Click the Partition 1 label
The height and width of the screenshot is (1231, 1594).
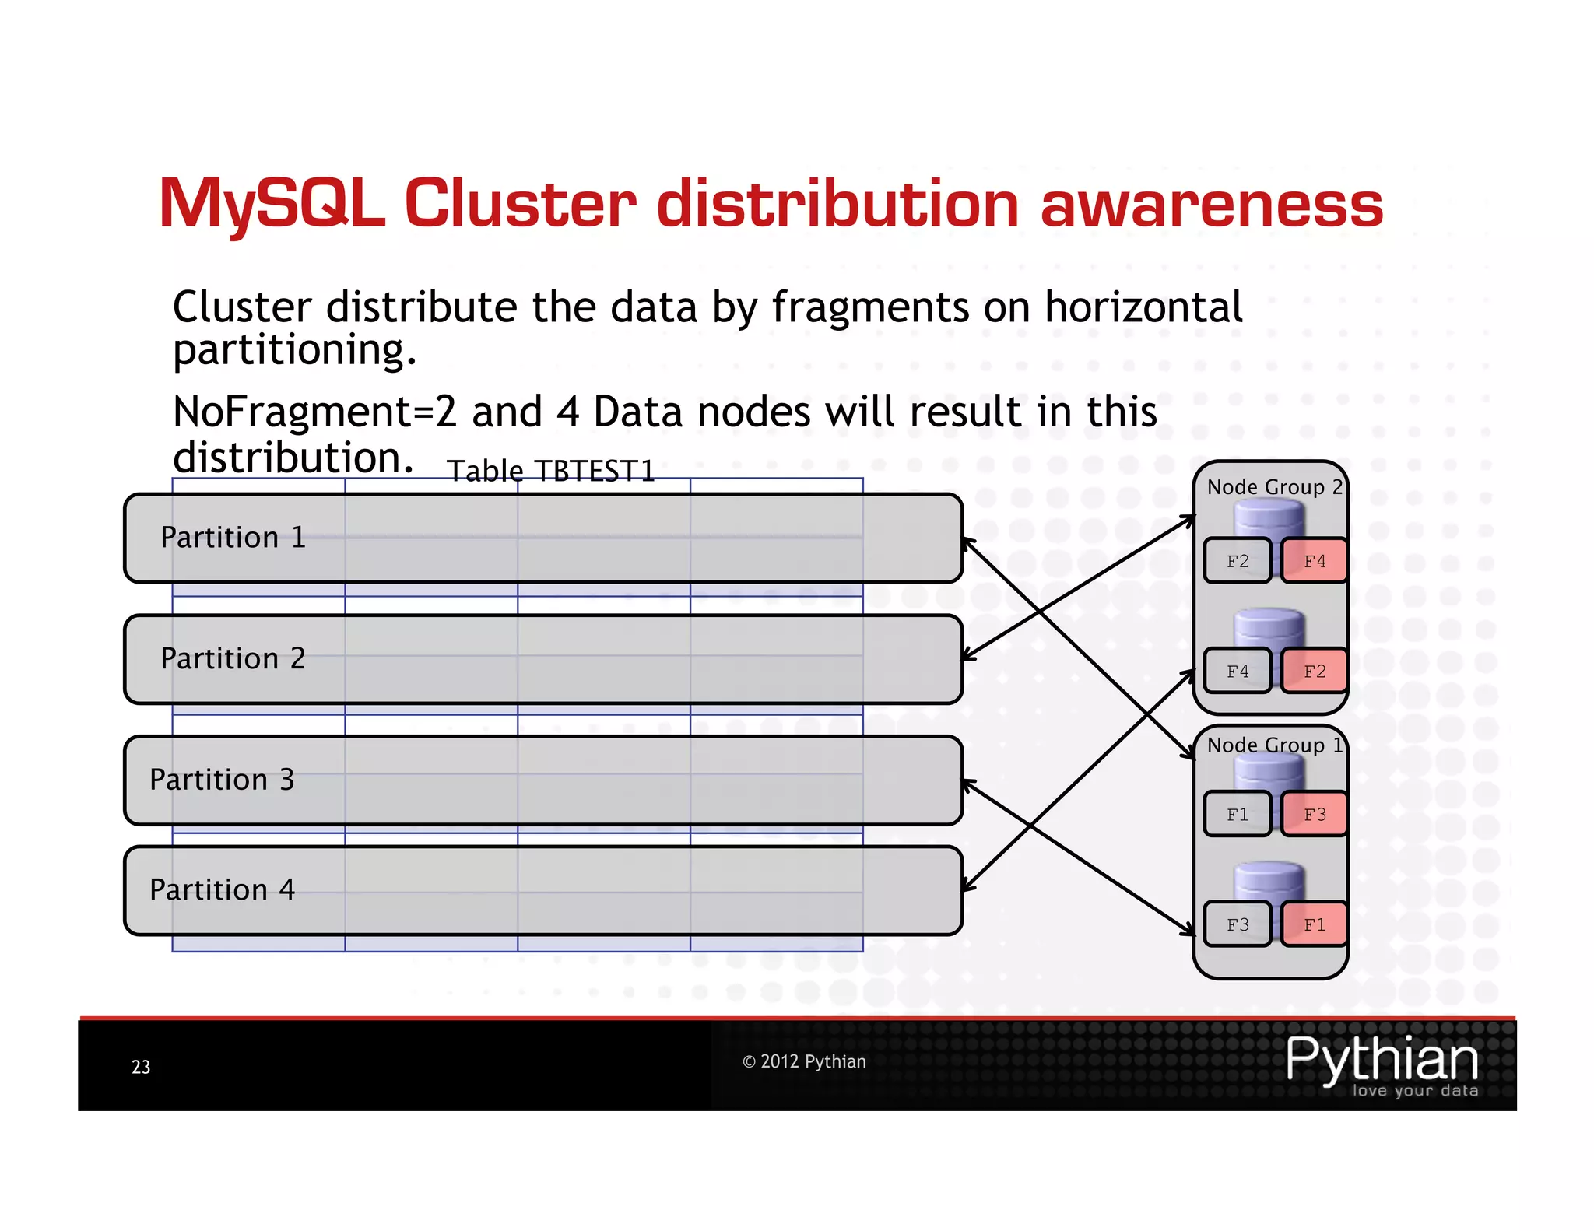pos(233,538)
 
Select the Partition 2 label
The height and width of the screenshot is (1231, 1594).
pos(233,659)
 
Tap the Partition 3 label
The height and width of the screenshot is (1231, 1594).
pos(222,780)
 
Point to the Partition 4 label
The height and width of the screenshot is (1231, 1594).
pos(222,890)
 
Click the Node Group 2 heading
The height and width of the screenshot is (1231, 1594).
pos(1274,487)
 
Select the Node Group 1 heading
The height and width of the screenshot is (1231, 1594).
pos(1274,745)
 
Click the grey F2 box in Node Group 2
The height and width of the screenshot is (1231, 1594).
pos(1237,561)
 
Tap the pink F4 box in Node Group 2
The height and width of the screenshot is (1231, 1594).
pos(1314,561)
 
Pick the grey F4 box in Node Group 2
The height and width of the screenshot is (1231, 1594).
pos(1237,671)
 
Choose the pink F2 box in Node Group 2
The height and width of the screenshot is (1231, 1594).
pos(1314,671)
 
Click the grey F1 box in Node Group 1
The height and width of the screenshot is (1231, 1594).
pos(1237,815)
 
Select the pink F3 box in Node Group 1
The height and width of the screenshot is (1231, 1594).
pos(1314,815)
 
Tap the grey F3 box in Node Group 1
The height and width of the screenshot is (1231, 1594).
pos(1237,924)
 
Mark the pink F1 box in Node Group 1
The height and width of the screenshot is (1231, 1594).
pos(1314,924)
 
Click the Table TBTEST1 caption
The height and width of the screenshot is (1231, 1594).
pos(550,472)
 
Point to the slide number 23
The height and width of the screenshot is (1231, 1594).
pos(141,1067)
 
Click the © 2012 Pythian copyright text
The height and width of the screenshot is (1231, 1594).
pos(803,1061)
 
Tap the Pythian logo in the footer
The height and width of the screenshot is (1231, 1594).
pos(1382,1064)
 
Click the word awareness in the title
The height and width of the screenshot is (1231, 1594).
pos(1211,204)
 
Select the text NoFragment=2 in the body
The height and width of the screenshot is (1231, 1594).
pos(314,412)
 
